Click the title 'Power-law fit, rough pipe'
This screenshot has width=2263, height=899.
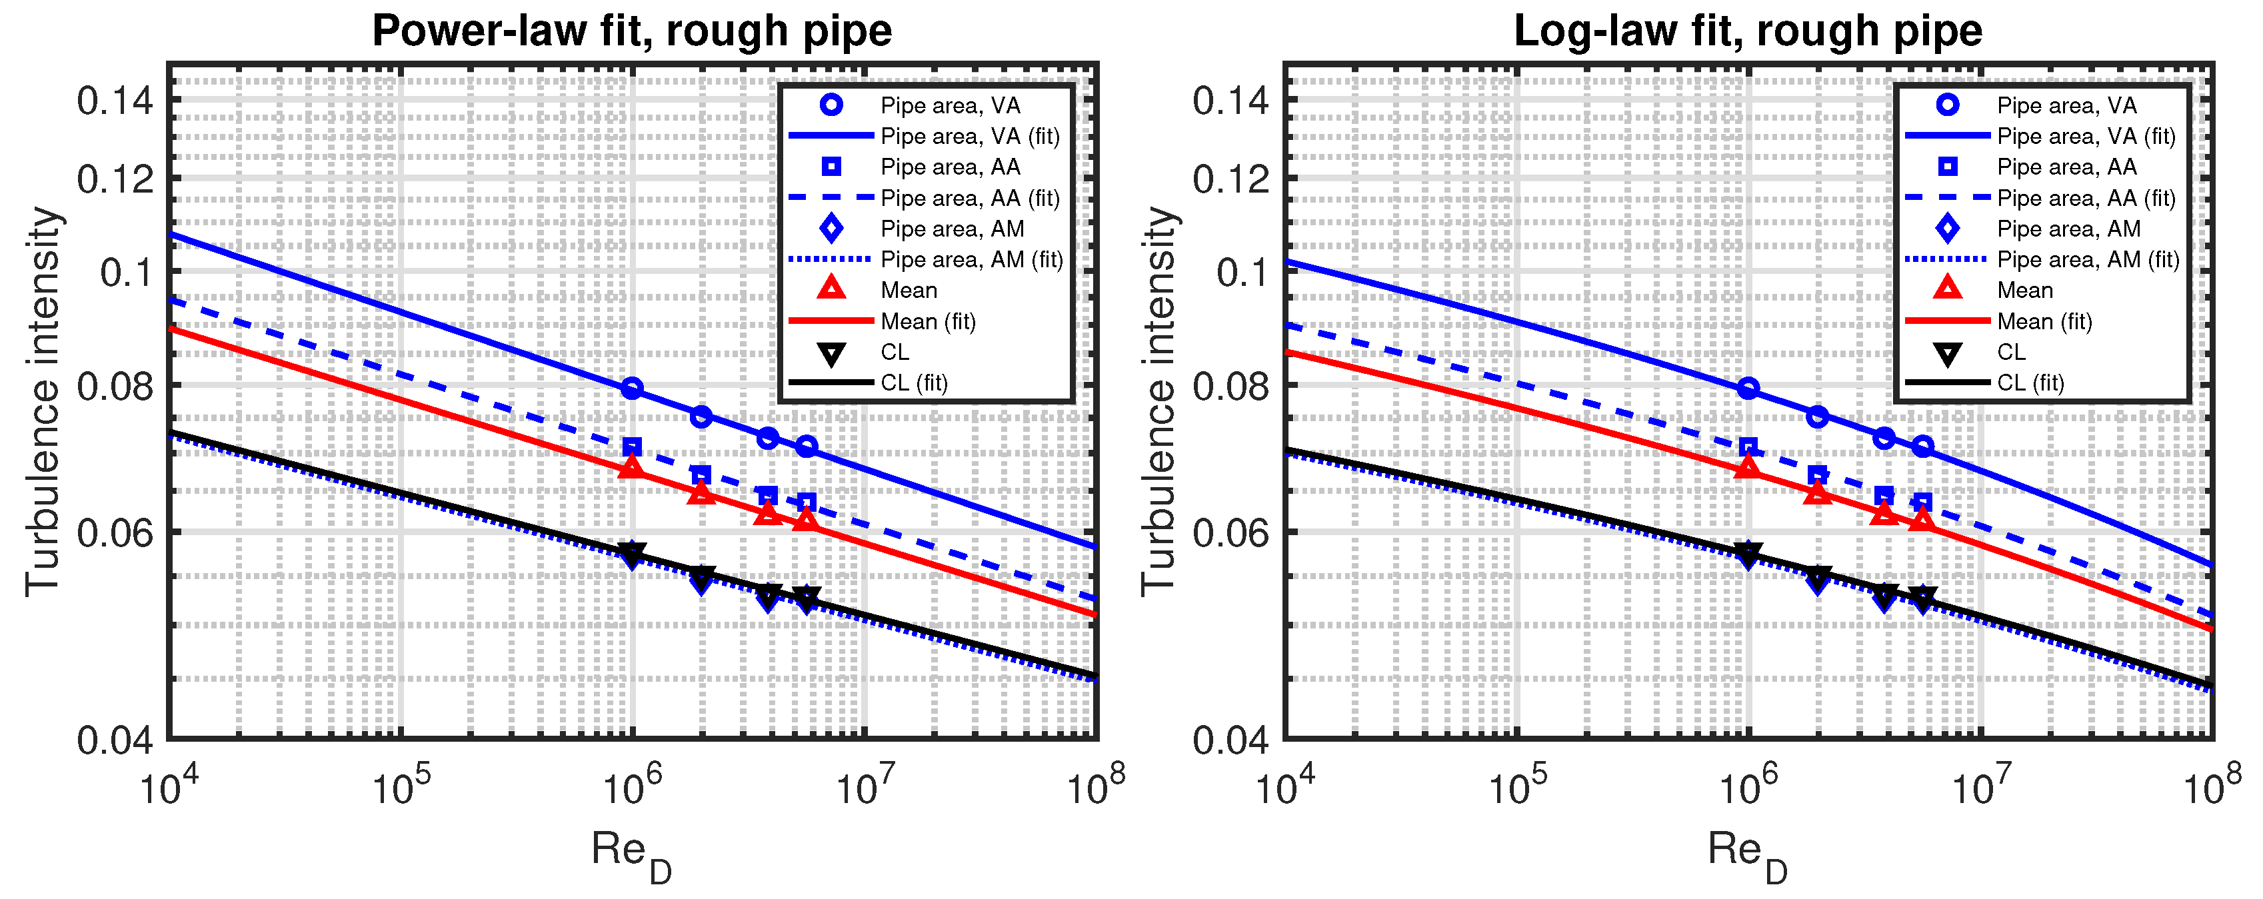pos(632,31)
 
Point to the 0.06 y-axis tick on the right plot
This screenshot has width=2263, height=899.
pos(1230,532)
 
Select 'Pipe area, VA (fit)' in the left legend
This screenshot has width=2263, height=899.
pos(970,136)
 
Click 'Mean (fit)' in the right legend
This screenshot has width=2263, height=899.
pos(2044,321)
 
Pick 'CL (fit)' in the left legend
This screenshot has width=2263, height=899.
pos(914,383)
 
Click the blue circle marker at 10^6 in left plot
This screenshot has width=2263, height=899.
pos(632,388)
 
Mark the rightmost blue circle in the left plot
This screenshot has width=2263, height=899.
pos(807,447)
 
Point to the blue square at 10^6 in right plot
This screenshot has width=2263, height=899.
pos(1748,448)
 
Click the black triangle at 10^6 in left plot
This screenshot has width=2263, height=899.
pos(632,553)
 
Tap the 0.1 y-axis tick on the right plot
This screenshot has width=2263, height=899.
pos(1241,272)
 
